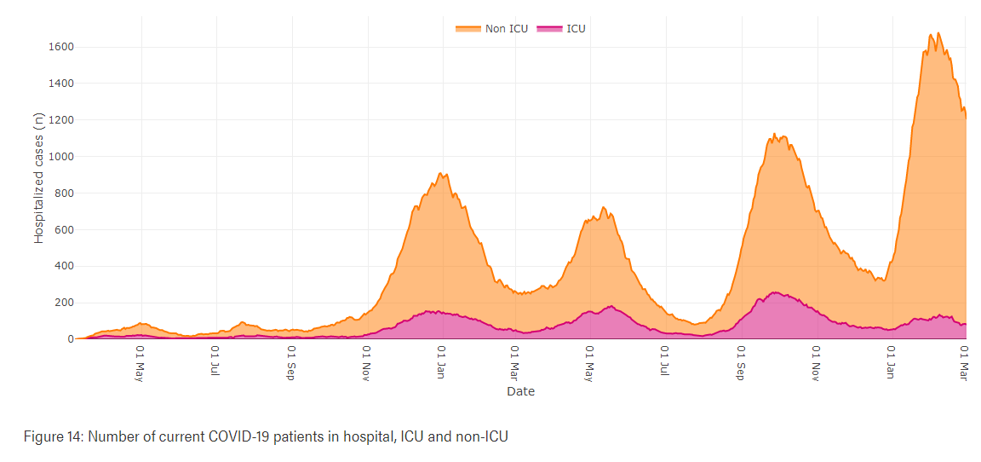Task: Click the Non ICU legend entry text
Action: tap(506, 28)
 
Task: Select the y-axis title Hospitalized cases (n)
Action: tap(39, 178)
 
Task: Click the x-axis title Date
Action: tap(520, 391)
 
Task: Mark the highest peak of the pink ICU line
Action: tap(775, 292)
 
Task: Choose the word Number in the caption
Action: tap(108, 436)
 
